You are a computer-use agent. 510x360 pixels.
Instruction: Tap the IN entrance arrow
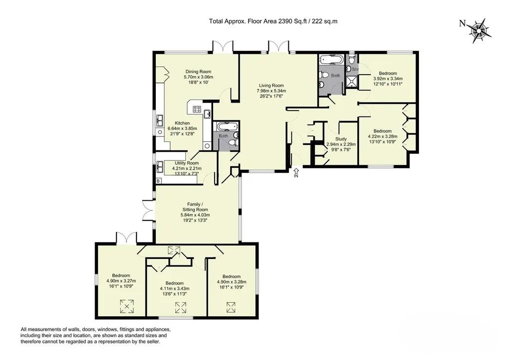coord(296,173)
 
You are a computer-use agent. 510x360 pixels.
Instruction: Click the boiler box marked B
coord(158,181)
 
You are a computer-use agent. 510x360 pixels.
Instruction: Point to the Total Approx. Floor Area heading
coord(269,21)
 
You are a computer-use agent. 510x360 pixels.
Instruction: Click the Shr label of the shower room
coord(355,69)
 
